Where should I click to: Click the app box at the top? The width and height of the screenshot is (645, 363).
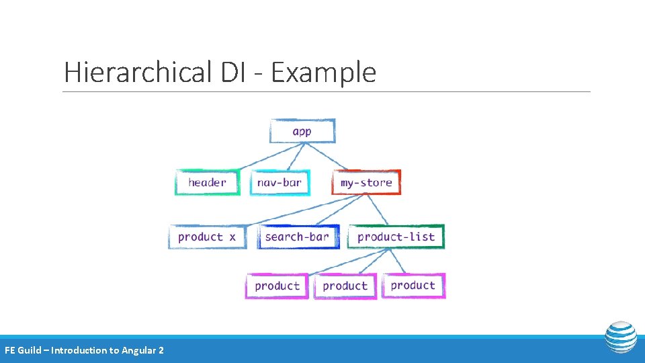coord(302,131)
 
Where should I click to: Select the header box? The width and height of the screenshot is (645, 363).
coord(207,182)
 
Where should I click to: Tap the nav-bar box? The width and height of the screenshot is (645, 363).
coord(279,182)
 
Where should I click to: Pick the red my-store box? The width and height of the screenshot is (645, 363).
coord(366,182)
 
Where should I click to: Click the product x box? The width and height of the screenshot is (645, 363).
coord(207,237)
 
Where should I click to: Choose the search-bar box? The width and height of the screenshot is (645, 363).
coord(297,237)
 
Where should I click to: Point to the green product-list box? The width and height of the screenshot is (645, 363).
coord(396,237)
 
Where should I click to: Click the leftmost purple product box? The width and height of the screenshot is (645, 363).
coord(277,286)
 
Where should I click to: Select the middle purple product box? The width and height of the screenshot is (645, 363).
coord(345,286)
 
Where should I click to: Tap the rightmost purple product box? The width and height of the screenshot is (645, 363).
coord(413,285)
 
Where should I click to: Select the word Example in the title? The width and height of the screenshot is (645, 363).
coord(323,73)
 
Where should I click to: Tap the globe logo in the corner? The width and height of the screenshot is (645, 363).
coord(620,337)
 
